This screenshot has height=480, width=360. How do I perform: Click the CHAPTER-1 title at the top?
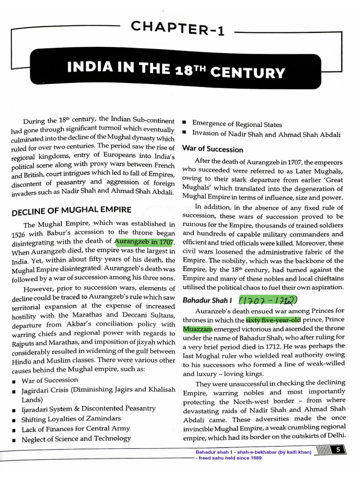pyautogui.click(x=179, y=30)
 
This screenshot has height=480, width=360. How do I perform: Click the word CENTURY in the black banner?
pyautogui.click(x=248, y=72)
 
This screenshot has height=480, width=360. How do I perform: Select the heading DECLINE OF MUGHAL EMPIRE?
pyautogui.click(x=71, y=209)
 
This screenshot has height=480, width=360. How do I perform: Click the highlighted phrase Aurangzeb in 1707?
pyautogui.click(x=144, y=242)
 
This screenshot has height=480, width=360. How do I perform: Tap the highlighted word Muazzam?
pyautogui.click(x=197, y=330)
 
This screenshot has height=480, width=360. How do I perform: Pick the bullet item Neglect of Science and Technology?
pyautogui.click(x=76, y=439)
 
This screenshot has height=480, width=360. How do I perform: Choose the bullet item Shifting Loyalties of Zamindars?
pyautogui.click(x=71, y=419)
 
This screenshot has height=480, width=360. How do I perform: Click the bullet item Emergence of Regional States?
pyautogui.click(x=237, y=124)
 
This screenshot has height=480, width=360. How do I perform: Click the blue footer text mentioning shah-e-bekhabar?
pyautogui.click(x=253, y=452)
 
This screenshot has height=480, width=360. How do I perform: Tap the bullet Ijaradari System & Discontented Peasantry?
pyautogui.click(x=89, y=409)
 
